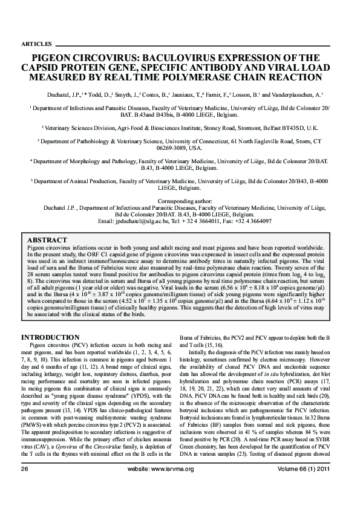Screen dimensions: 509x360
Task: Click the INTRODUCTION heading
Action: click(50, 336)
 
